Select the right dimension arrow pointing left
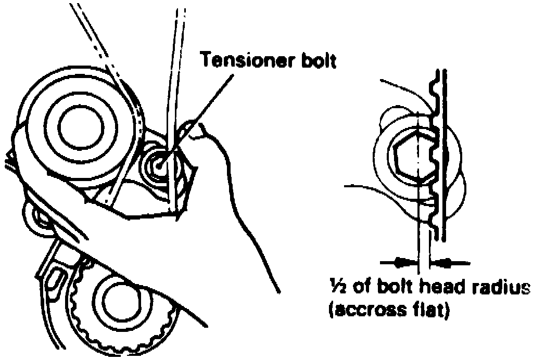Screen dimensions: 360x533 coord(447,263)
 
